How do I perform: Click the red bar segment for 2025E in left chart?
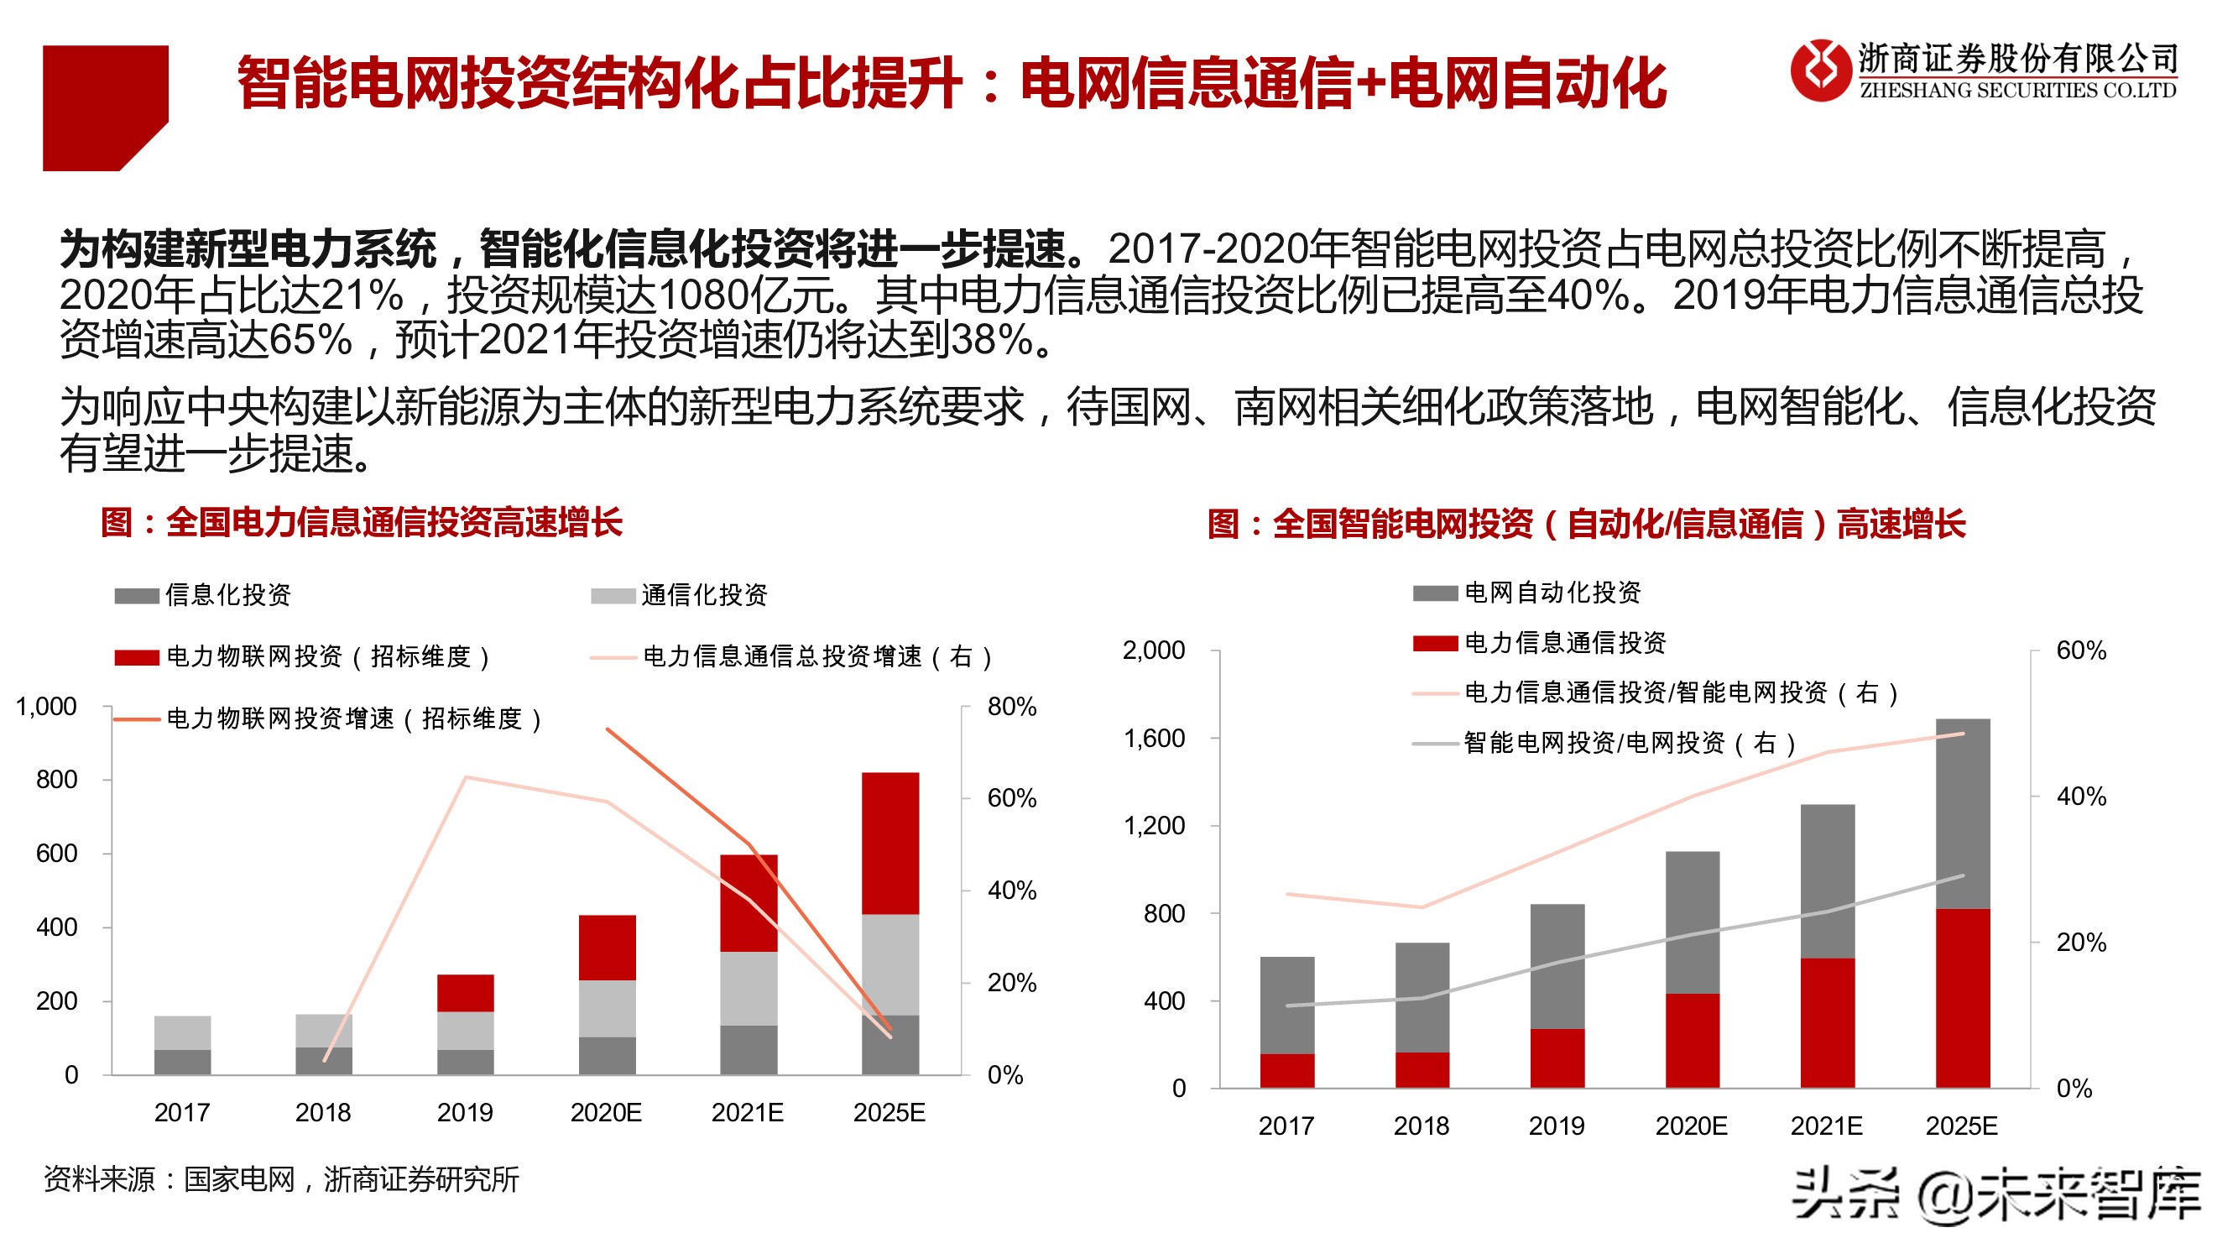click(889, 843)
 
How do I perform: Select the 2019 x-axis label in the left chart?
click(465, 1112)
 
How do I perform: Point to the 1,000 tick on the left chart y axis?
click(46, 707)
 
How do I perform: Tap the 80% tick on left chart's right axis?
click(1011, 707)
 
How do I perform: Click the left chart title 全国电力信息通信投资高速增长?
click(362, 522)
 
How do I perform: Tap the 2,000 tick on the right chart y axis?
click(1153, 650)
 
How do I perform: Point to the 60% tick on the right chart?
click(2081, 650)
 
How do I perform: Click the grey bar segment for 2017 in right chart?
click(1286, 1005)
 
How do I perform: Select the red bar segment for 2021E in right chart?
click(1827, 1021)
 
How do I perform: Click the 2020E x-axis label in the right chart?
click(1691, 1126)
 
